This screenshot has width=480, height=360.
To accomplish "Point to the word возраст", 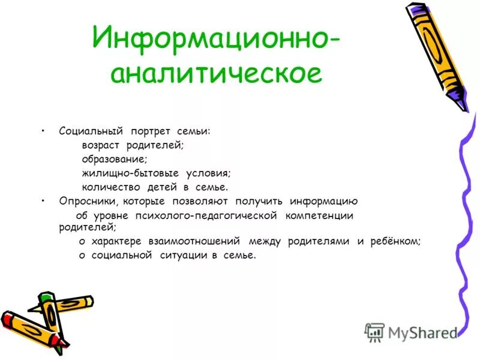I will [101, 145].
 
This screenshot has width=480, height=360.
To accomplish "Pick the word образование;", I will [114, 159].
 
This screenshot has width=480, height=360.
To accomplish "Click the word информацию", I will [323, 201].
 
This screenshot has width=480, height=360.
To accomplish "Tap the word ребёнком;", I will [395, 241].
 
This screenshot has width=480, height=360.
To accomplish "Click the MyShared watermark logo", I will [412, 332].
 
